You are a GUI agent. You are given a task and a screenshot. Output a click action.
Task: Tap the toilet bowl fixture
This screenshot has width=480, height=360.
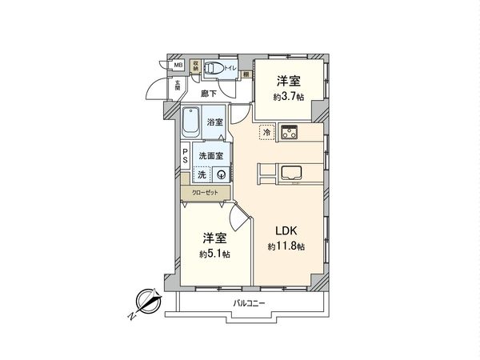coord(212,69)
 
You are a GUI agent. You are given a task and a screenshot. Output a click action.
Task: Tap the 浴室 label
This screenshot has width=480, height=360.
coord(214,122)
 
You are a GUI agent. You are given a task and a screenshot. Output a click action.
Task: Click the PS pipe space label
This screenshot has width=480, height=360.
coord(185,156)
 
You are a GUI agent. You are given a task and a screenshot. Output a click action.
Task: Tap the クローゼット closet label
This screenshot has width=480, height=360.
coord(205,192)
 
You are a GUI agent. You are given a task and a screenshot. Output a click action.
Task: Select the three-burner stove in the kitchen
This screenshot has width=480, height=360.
coord(288,133)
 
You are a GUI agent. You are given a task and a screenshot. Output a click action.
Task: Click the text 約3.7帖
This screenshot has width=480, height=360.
coord(286,95)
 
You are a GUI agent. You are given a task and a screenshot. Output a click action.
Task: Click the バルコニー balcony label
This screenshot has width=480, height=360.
coord(249,303)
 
